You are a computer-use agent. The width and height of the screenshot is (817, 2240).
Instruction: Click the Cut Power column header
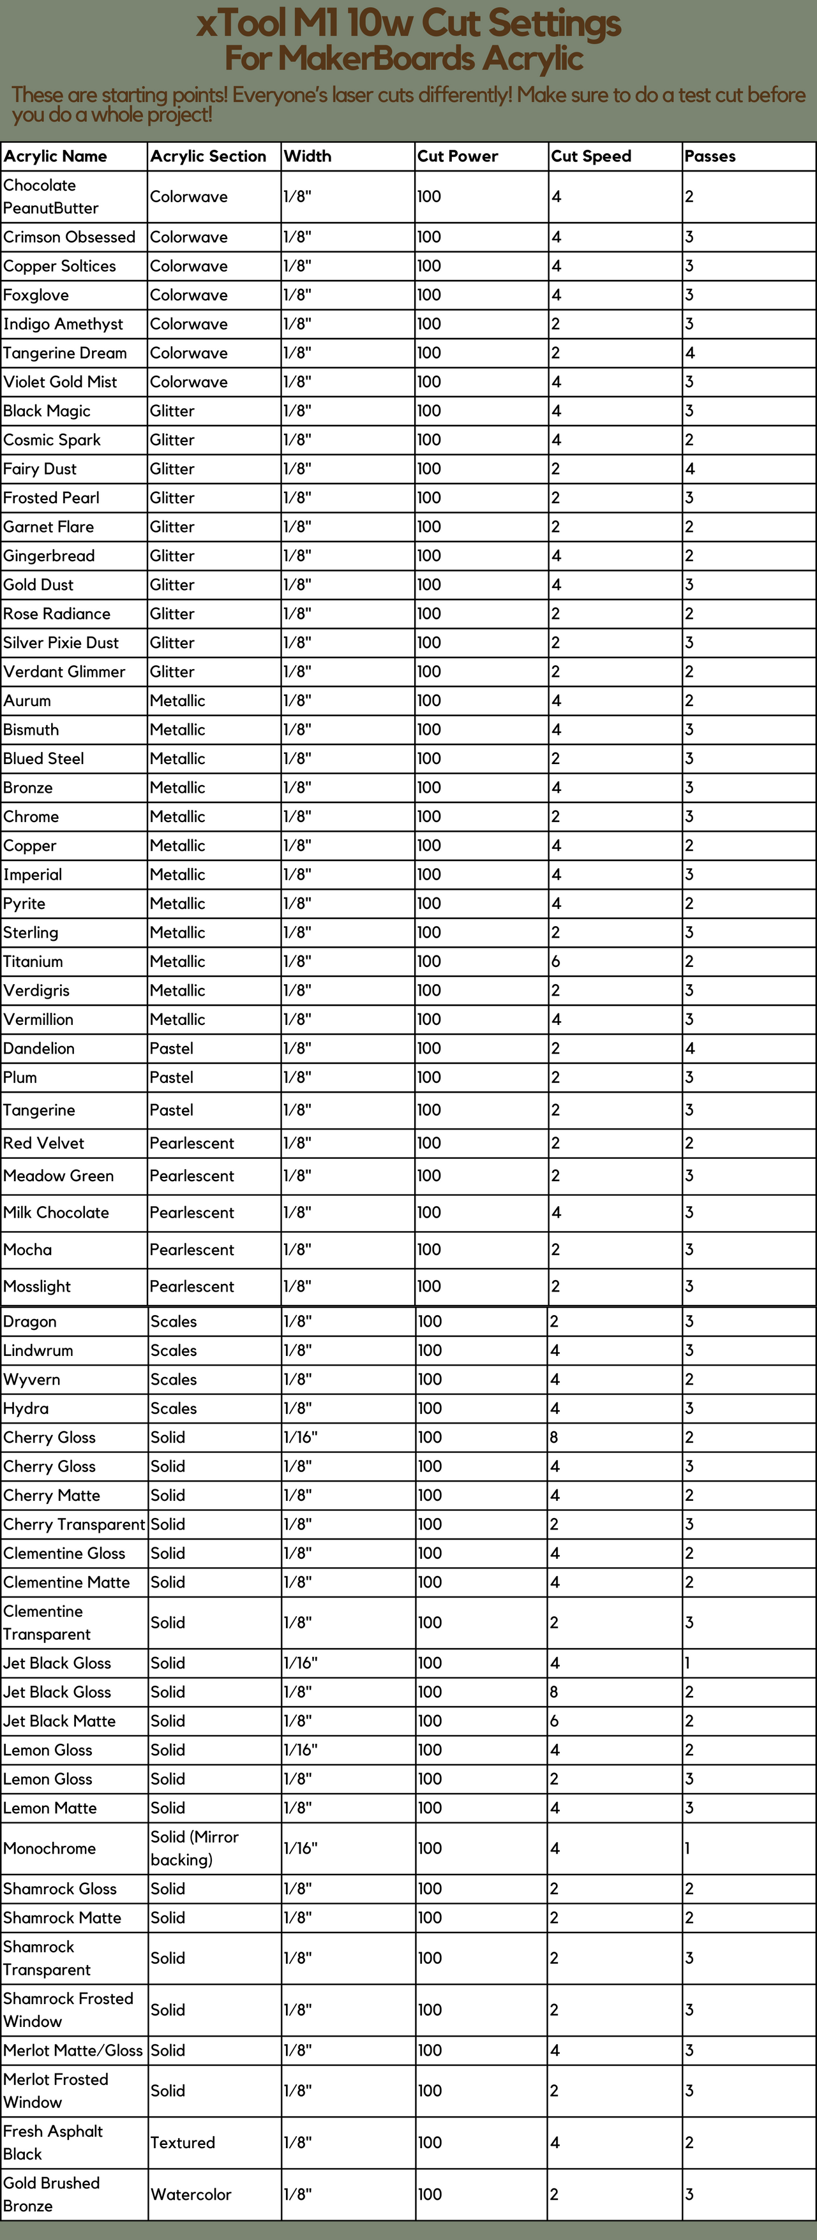[458, 156]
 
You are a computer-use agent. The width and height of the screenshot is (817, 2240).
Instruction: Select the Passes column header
[710, 156]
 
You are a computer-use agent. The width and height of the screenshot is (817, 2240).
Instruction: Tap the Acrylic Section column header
[208, 156]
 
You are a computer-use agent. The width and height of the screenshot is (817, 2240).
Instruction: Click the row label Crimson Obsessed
[70, 237]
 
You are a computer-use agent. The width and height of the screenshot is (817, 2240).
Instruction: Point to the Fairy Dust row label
[40, 469]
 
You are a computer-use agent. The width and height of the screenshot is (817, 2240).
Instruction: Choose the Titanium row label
[33, 962]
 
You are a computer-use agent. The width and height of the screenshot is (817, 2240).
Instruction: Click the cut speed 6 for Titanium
[556, 962]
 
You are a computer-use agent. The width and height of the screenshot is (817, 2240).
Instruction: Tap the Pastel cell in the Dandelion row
[172, 1049]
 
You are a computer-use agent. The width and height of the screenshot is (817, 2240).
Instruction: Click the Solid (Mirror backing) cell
[194, 1848]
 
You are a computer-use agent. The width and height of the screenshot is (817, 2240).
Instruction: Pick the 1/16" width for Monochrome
[301, 1848]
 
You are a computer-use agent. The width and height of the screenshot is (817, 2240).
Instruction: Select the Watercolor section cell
[191, 2195]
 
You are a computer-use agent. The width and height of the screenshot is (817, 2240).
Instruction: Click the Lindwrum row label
[38, 1350]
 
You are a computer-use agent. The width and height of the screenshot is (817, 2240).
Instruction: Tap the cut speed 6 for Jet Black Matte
[556, 1721]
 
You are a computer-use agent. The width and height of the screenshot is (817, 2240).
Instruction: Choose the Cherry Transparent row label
[74, 1524]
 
